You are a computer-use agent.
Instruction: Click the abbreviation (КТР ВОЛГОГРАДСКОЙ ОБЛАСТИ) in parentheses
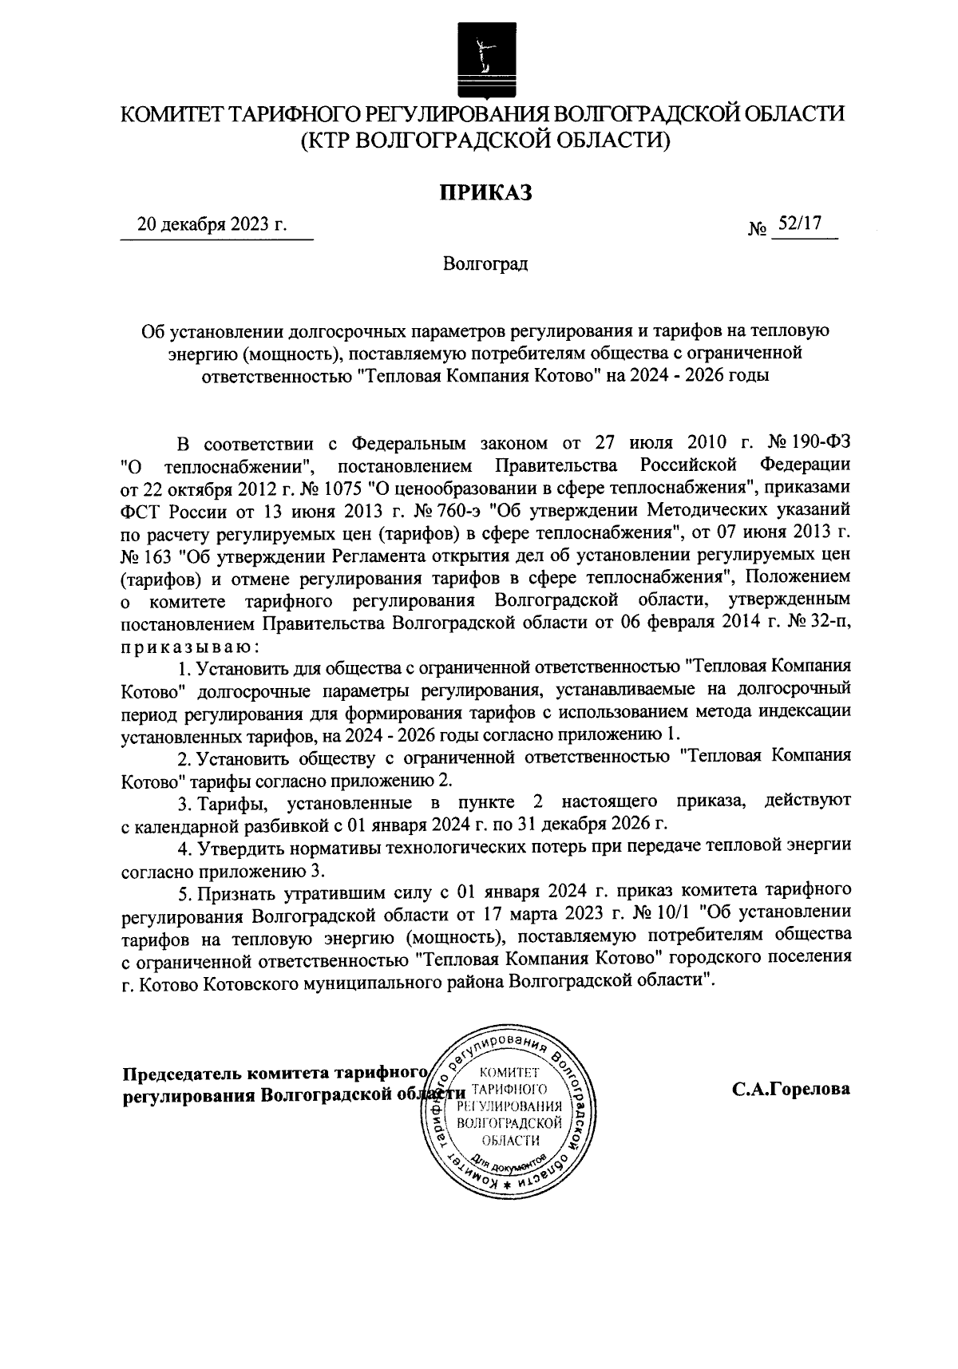[485, 140]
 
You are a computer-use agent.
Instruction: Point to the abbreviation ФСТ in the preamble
[139, 508]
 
